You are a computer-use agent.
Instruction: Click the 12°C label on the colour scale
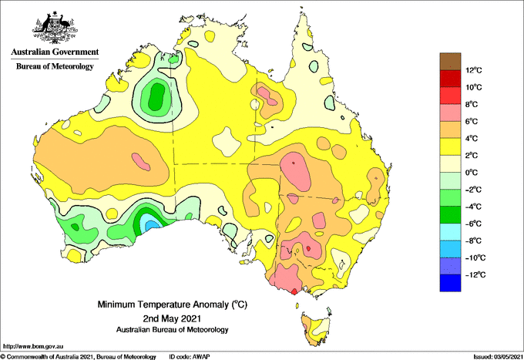tap(474, 70)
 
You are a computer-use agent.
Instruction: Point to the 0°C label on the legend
tap(472, 173)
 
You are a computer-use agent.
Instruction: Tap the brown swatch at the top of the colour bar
tap(450, 62)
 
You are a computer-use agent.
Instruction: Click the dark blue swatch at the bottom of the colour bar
tap(450, 283)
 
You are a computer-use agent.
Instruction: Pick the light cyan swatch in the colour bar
tap(450, 232)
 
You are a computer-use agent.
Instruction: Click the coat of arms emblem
tap(55, 28)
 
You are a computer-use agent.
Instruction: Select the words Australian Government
tap(55, 52)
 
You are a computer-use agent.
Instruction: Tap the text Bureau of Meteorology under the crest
tap(55, 66)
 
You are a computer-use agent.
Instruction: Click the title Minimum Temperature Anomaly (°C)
tap(173, 304)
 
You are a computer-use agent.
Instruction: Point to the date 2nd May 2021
tap(172, 318)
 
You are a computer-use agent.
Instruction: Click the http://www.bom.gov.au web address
tap(33, 347)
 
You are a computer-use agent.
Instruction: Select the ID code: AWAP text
tap(190, 357)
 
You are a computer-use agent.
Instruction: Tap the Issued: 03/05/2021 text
tap(498, 357)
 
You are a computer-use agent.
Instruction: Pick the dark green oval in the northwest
tap(156, 96)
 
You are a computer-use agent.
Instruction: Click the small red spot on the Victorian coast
tap(294, 291)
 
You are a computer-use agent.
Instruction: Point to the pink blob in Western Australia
tap(141, 162)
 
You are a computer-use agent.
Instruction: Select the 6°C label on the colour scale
tap(472, 122)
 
